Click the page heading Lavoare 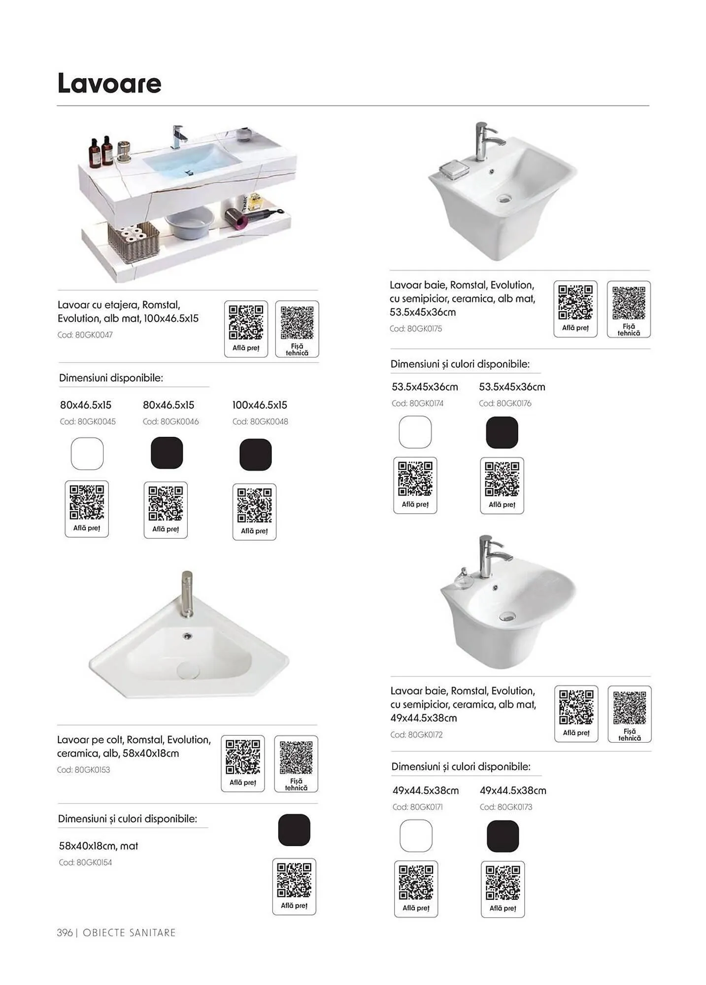click(109, 83)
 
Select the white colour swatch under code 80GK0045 click(87, 454)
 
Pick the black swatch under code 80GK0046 click(167, 453)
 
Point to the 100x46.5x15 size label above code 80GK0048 click(260, 405)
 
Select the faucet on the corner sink click(187, 593)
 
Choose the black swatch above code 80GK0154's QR click(294, 830)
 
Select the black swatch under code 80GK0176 click(502, 432)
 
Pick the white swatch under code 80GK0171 click(416, 836)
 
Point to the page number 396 click(65, 933)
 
